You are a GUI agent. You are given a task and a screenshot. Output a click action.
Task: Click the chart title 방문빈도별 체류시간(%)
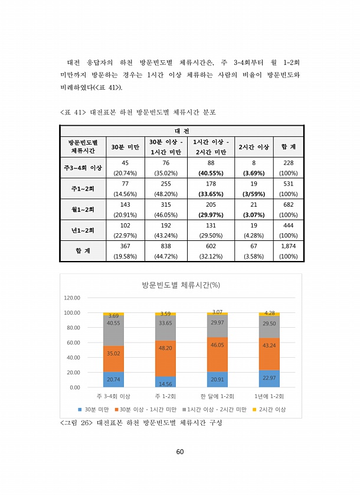(x=181, y=285)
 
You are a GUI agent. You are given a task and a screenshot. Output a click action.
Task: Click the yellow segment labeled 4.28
(x=269, y=314)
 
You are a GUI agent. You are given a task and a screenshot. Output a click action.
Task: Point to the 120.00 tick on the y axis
(x=72, y=298)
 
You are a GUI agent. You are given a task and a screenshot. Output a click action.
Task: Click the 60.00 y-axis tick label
(x=73, y=342)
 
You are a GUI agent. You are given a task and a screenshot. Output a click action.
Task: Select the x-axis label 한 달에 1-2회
(x=217, y=396)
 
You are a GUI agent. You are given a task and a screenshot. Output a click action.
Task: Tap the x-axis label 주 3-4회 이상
(x=113, y=396)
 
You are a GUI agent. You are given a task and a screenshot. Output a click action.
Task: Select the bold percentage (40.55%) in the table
(x=211, y=174)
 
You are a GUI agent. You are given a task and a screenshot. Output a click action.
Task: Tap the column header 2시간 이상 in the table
(x=254, y=146)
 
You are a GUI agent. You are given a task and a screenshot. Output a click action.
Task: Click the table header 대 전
(x=181, y=130)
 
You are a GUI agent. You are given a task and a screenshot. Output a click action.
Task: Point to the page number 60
(x=180, y=452)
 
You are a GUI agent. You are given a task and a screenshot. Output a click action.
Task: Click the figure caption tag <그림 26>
(x=75, y=423)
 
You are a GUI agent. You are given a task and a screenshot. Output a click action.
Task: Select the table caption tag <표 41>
(x=73, y=112)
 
